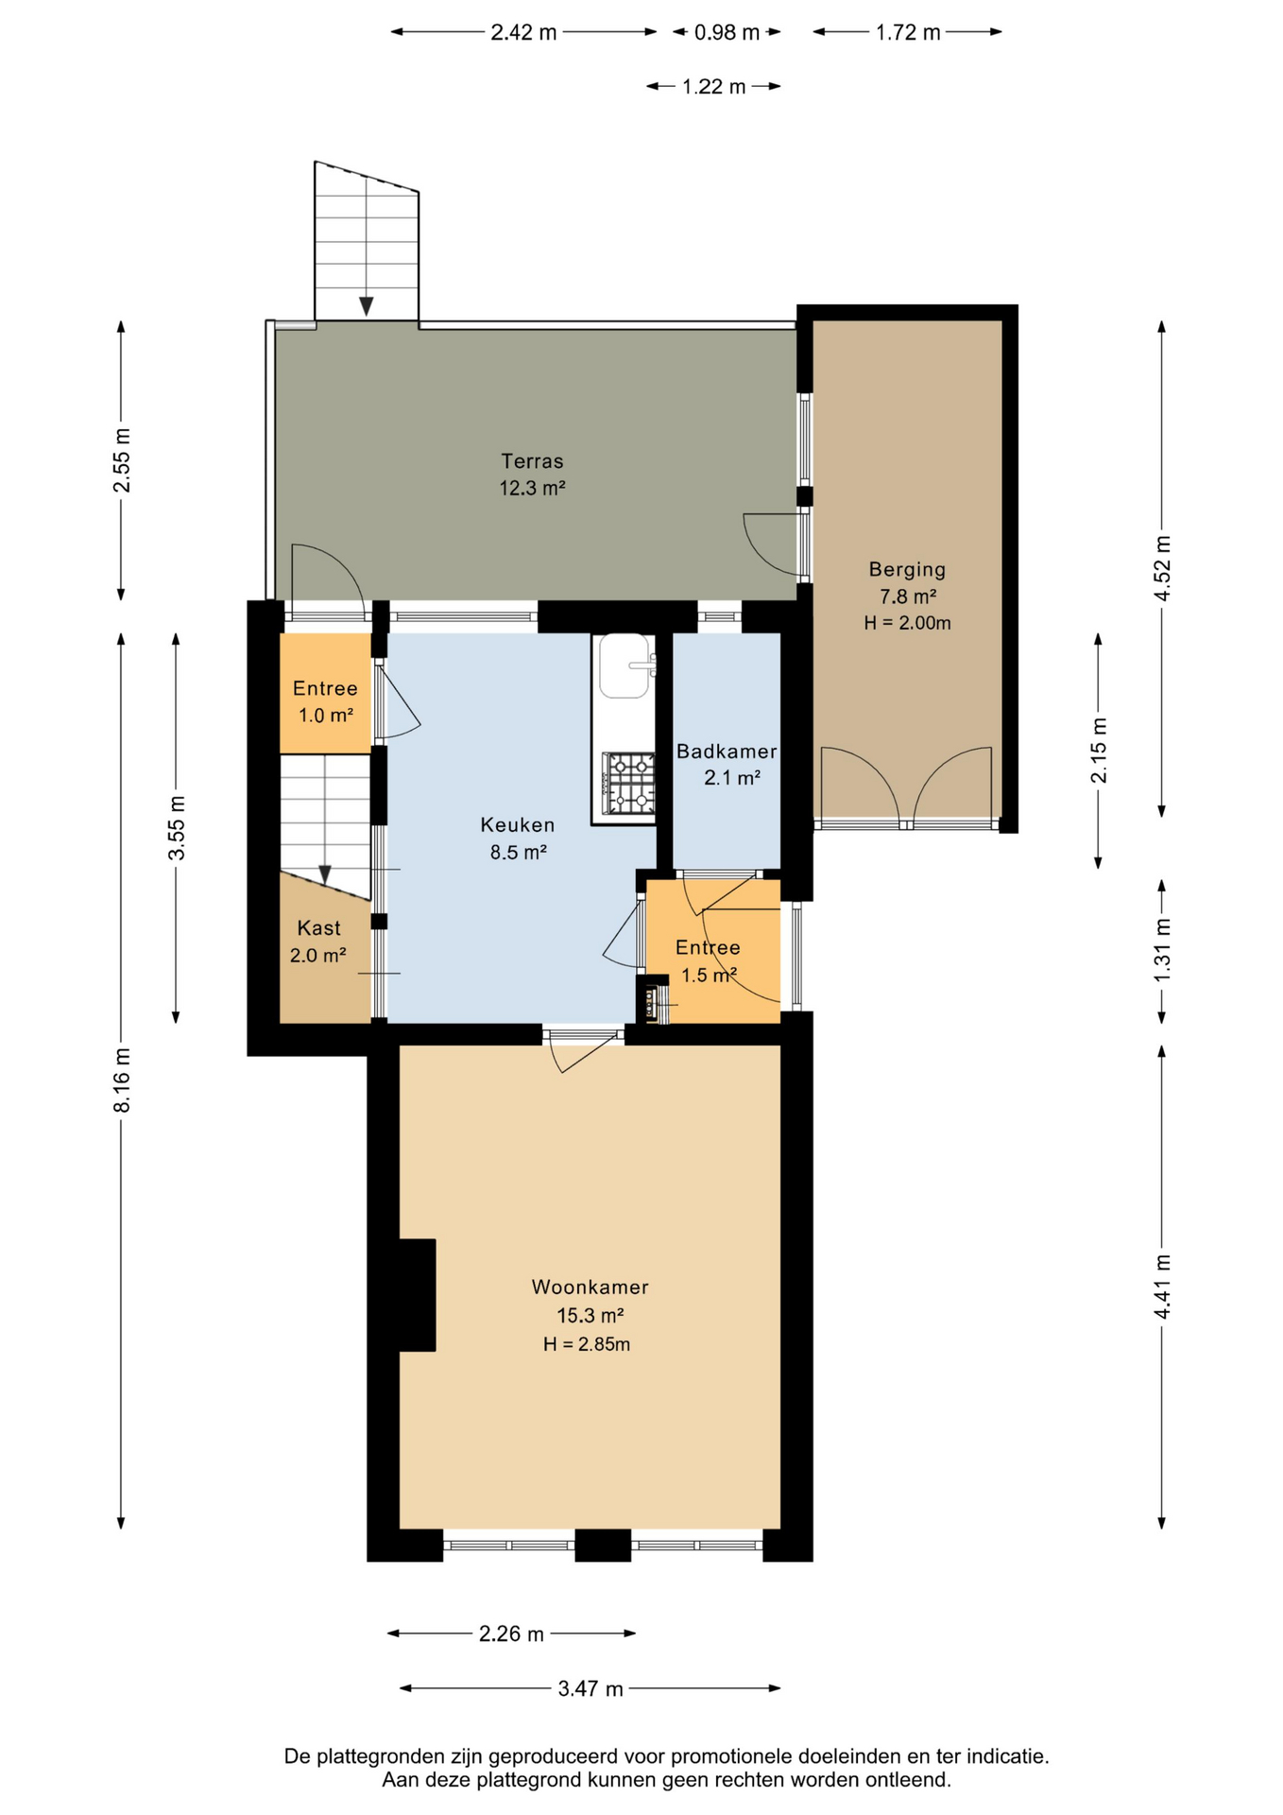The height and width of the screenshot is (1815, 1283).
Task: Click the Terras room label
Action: click(532, 461)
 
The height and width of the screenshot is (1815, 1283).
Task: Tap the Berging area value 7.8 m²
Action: click(908, 596)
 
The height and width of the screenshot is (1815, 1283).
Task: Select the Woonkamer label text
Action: click(590, 1287)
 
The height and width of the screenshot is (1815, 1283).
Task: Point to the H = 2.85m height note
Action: click(587, 1344)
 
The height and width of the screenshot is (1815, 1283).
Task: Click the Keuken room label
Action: click(518, 825)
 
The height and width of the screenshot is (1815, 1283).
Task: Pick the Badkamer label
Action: click(727, 752)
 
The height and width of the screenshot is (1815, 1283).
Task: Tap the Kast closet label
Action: click(318, 928)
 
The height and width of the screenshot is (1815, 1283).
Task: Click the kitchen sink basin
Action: click(624, 666)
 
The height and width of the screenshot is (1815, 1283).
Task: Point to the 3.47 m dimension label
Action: click(590, 1688)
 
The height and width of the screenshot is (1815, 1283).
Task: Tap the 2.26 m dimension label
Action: click(511, 1633)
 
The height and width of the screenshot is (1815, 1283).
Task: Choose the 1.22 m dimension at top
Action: click(714, 87)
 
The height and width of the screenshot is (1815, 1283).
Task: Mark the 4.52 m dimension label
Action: click(1162, 568)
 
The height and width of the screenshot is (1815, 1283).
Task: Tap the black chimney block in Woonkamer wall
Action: click(417, 1295)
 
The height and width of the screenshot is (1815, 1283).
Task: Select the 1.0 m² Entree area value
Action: click(326, 716)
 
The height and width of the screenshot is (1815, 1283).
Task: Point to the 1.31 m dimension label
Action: click(1162, 950)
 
